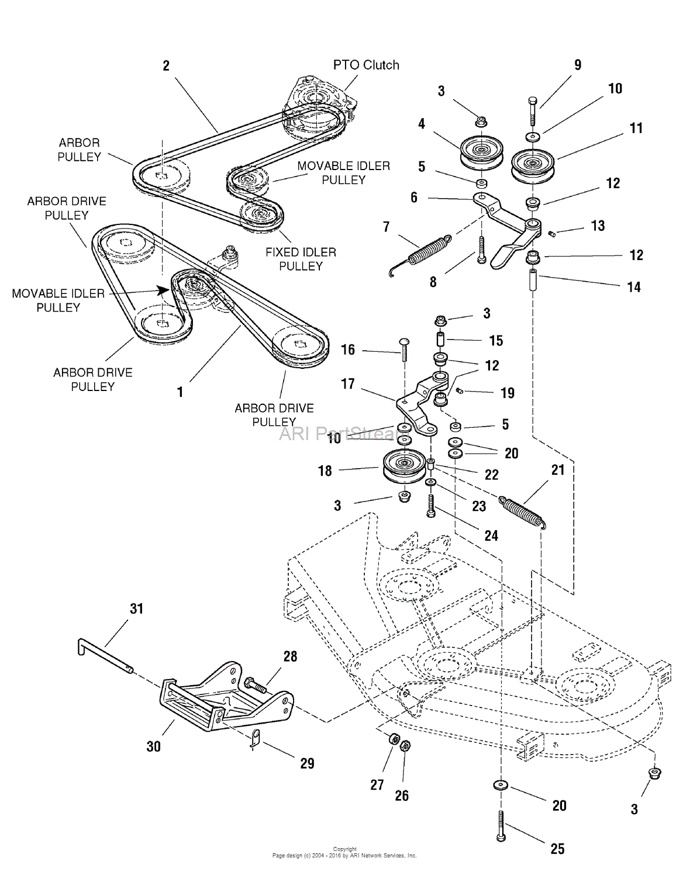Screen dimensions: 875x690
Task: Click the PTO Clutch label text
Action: tap(366, 65)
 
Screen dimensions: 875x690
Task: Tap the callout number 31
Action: tap(136, 608)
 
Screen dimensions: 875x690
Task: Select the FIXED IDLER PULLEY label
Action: tap(301, 259)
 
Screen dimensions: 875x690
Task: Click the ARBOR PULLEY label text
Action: tap(79, 150)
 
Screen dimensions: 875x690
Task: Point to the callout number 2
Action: tap(166, 65)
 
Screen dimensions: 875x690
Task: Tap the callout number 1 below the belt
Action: tap(180, 392)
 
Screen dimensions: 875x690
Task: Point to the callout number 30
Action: tap(153, 746)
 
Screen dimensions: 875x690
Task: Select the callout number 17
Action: tap(348, 384)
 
